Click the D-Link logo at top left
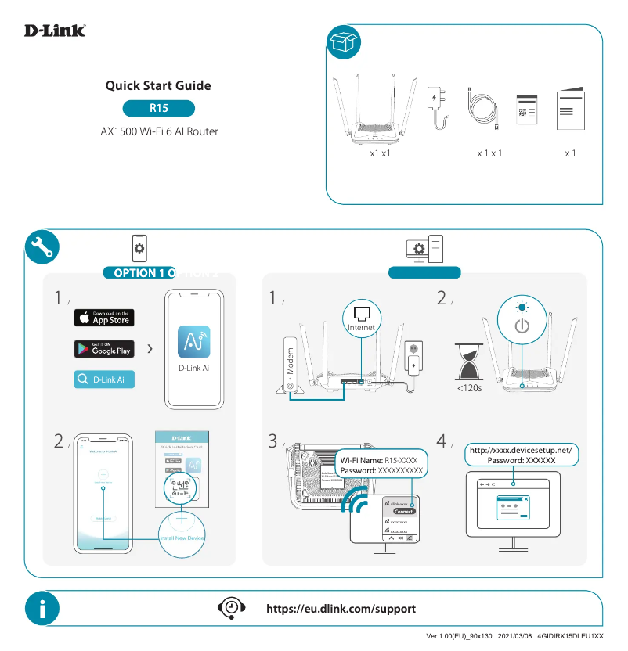point(55,31)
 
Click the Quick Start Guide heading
point(158,86)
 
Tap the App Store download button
point(104,317)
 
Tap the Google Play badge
point(104,348)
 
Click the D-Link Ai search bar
point(104,379)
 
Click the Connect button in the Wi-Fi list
point(403,511)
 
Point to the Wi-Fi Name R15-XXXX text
point(383,461)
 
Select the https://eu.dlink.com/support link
point(341,609)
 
